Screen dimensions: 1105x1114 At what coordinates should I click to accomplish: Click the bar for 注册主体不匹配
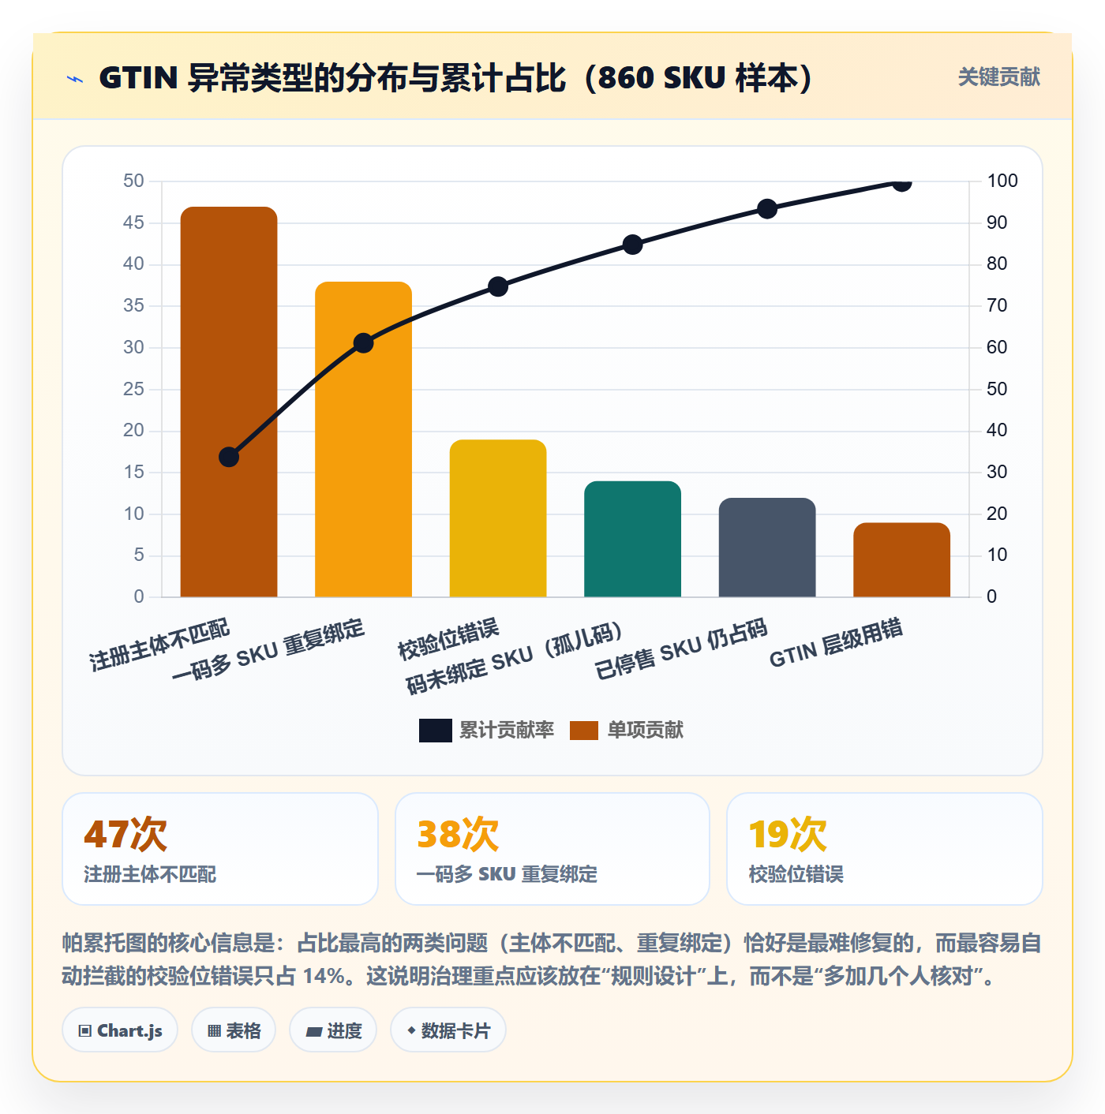pyautogui.click(x=229, y=402)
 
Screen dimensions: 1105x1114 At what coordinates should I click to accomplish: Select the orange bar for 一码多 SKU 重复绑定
pyautogui.click(x=363, y=439)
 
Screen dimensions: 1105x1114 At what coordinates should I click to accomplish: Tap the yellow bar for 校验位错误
pyautogui.click(x=497, y=518)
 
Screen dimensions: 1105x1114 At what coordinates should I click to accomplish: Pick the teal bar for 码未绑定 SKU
pyautogui.click(x=632, y=539)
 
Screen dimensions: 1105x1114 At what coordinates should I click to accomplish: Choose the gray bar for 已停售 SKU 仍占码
pyautogui.click(x=767, y=547)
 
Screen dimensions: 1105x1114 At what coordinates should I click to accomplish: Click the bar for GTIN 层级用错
pyautogui.click(x=901, y=559)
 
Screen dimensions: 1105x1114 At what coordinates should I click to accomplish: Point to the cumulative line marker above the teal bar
pyautogui.click(x=632, y=245)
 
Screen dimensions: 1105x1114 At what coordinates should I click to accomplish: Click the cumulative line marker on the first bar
pyautogui.click(x=229, y=457)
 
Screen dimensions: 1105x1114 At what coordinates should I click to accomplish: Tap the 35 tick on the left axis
pyautogui.click(x=133, y=305)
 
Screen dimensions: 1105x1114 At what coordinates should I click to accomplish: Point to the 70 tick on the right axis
pyautogui.click(x=997, y=305)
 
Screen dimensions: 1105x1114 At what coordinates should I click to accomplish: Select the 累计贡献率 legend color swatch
pyautogui.click(x=435, y=730)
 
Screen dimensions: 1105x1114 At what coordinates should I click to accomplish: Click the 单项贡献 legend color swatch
pyautogui.click(x=583, y=730)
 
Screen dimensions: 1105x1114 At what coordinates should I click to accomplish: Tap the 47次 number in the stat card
pyautogui.click(x=125, y=834)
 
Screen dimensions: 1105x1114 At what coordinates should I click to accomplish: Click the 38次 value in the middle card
pyautogui.click(x=458, y=834)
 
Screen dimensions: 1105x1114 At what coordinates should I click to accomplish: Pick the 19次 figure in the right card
pyautogui.click(x=788, y=834)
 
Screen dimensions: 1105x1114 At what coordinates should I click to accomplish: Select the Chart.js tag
pyautogui.click(x=120, y=1030)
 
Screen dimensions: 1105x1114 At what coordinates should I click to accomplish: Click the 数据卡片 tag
pyautogui.click(x=448, y=1030)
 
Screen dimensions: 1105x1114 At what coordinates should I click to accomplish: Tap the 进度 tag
pyautogui.click(x=333, y=1030)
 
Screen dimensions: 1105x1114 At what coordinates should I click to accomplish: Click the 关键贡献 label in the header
pyautogui.click(x=999, y=77)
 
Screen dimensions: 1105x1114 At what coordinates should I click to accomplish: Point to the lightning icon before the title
pyautogui.click(x=75, y=79)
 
